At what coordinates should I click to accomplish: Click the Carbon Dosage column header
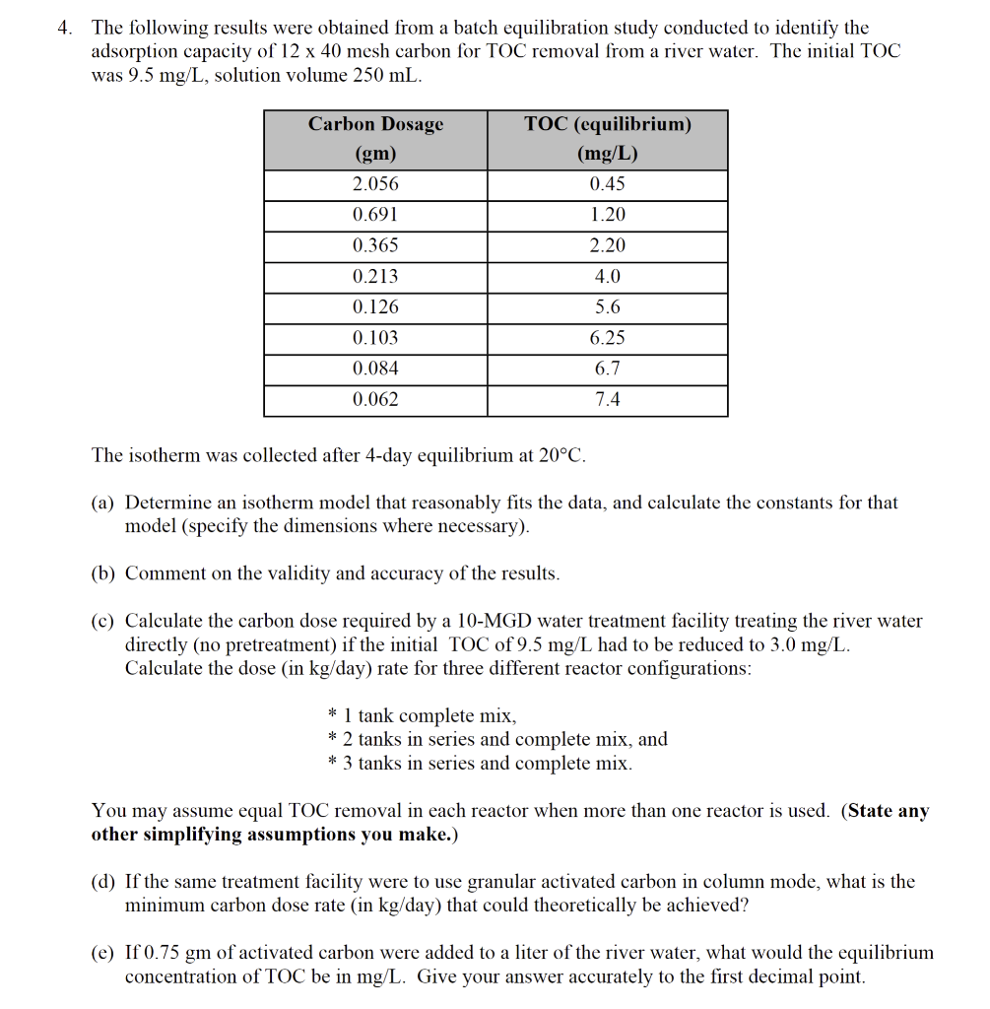coord(375,124)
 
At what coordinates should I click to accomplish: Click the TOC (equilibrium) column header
coord(608,124)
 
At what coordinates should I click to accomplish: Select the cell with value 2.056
coord(375,184)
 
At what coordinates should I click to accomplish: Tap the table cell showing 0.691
coord(375,215)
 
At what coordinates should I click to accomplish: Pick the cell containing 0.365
coord(375,245)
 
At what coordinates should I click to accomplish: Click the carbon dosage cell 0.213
coord(375,277)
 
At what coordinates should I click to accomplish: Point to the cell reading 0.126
coord(375,307)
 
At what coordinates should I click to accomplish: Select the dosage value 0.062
coord(375,399)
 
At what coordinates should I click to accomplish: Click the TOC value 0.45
coord(608,184)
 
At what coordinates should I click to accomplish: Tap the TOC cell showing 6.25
coord(608,338)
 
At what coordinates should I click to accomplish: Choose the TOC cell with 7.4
coord(608,399)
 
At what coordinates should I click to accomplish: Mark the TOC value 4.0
coord(608,277)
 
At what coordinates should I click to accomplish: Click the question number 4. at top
coord(65,29)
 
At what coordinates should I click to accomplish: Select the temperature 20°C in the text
coord(561,455)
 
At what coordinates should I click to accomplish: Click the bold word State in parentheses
coord(870,811)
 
